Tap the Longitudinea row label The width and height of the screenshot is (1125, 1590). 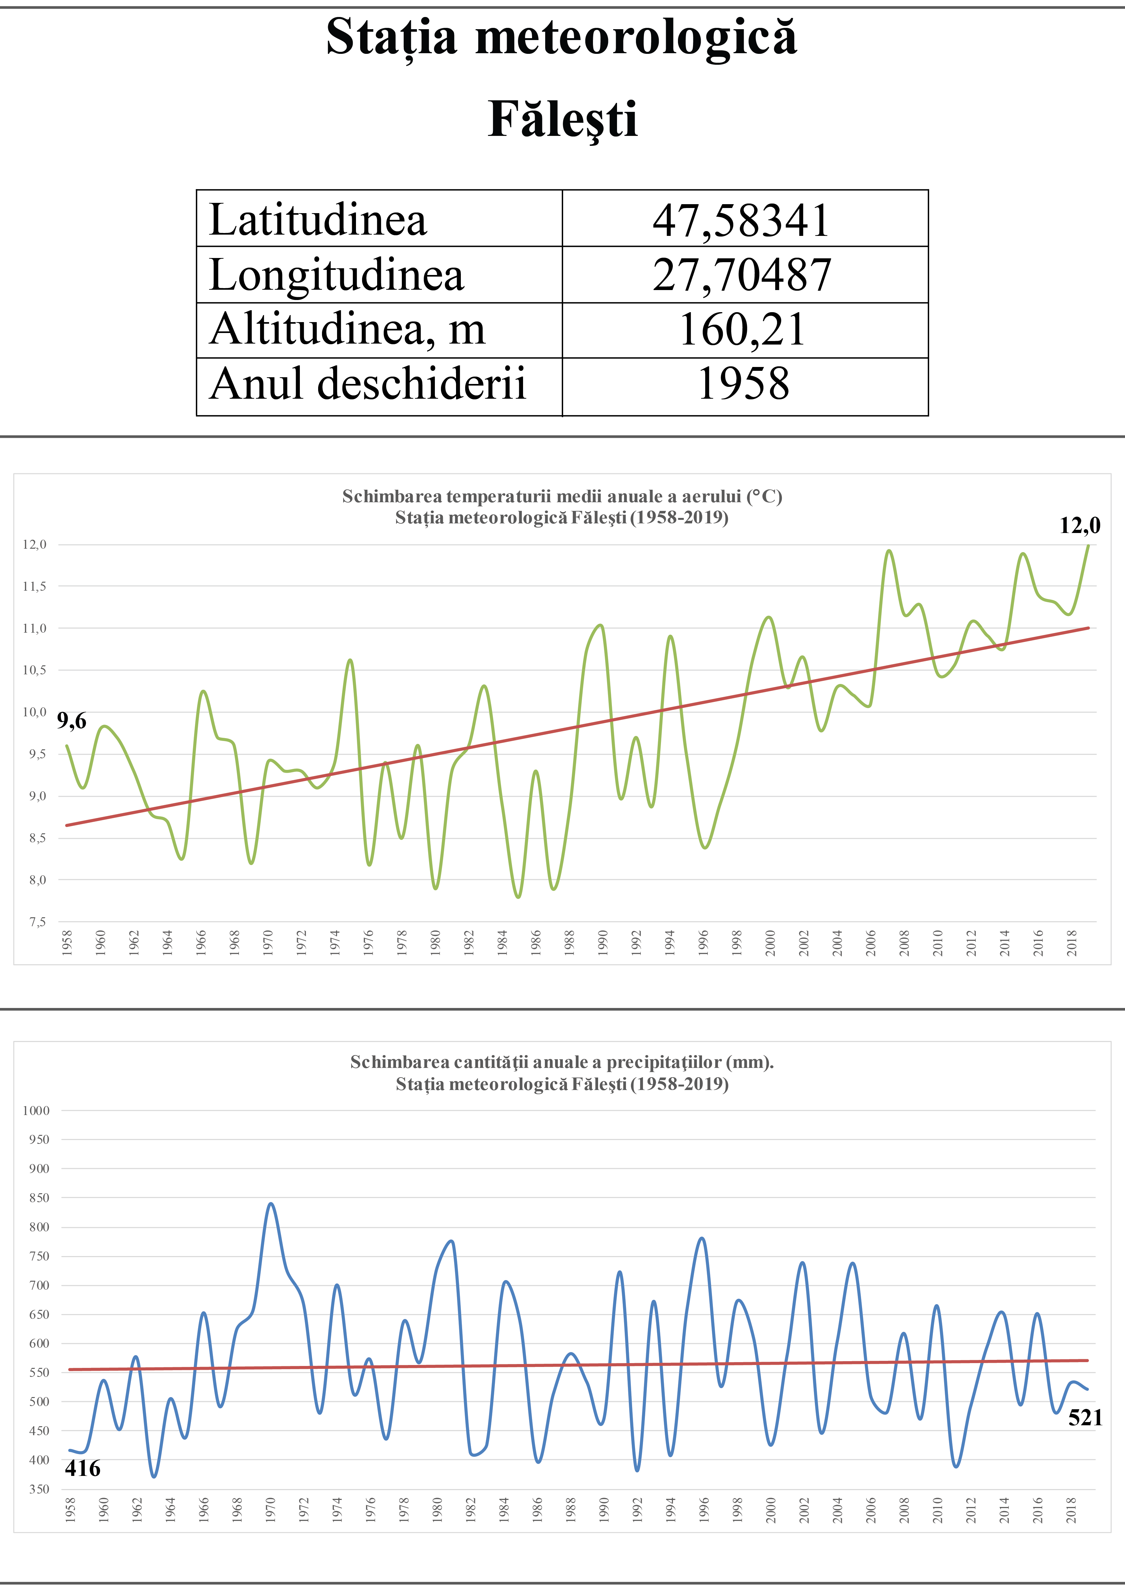pyautogui.click(x=337, y=275)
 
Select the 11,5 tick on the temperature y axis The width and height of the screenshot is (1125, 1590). pyautogui.click(x=35, y=587)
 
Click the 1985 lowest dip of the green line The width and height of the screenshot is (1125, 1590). pyautogui.click(x=518, y=897)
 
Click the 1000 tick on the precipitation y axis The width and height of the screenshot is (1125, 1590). pyautogui.click(x=36, y=1111)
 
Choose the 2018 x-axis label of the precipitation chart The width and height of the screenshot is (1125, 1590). pyautogui.click(x=1071, y=1510)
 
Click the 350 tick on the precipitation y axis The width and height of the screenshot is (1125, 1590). pyautogui.click(x=39, y=1489)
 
